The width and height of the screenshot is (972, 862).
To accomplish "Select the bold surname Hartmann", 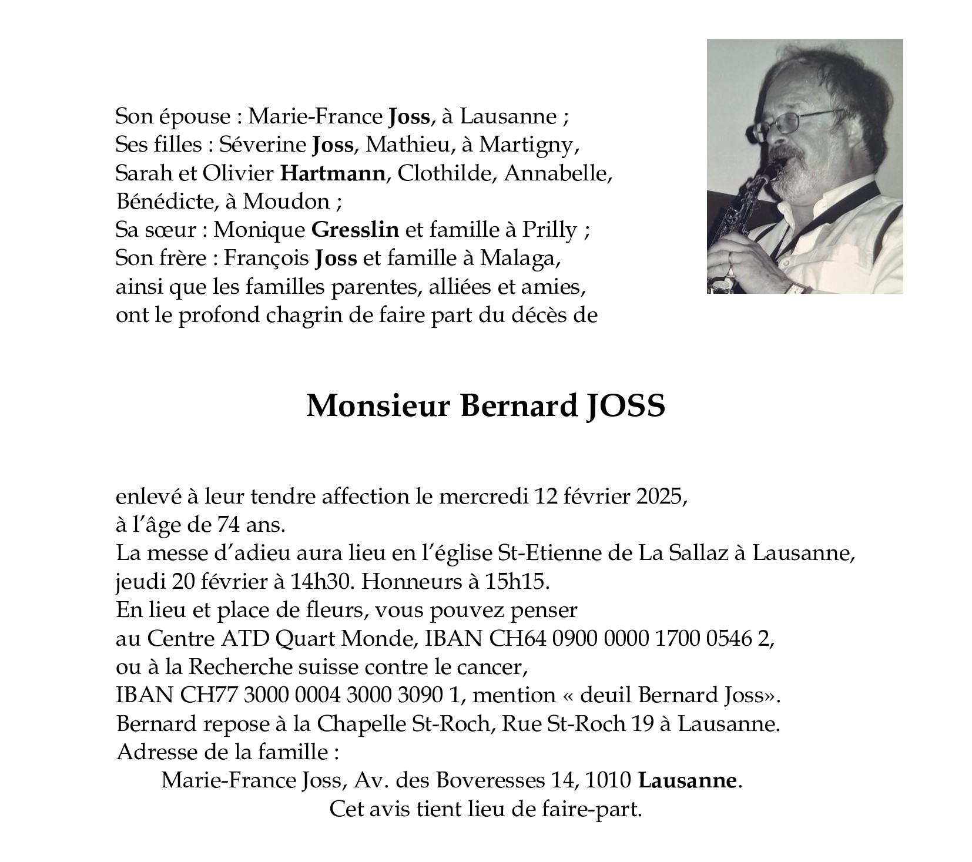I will tap(333, 173).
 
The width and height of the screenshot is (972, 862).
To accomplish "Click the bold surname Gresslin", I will tap(355, 230).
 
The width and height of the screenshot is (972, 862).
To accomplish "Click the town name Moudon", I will tap(286, 202).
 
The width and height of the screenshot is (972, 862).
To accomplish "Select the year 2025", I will tap(660, 497).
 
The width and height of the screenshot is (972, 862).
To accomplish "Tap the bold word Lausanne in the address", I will tap(687, 780).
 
